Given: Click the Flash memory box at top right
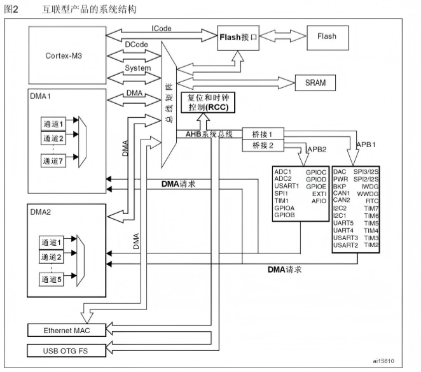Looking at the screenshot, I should (326, 37).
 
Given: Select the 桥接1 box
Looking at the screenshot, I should (262, 134).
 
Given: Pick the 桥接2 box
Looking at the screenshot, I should (262, 147).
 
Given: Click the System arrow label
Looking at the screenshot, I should (138, 68).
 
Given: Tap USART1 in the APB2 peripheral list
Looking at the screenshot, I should (287, 187).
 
